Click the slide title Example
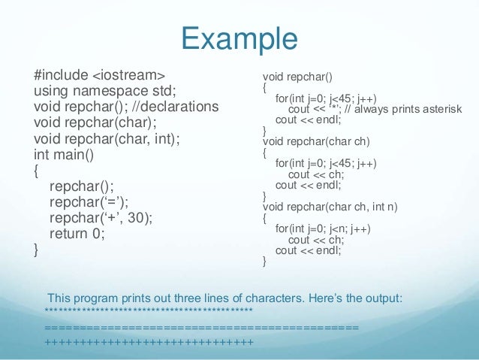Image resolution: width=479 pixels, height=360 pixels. pyautogui.click(x=239, y=38)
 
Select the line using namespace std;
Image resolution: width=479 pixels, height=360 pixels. pyautogui.click(x=105, y=91)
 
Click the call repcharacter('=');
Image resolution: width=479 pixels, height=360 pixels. pyautogui.click(x=89, y=201)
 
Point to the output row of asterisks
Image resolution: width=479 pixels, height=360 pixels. pyautogui.click(x=149, y=310)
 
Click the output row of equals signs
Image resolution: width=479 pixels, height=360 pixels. pyautogui.click(x=201, y=328)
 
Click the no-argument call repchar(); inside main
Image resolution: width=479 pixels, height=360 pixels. pyautogui.click(x=76, y=186)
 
